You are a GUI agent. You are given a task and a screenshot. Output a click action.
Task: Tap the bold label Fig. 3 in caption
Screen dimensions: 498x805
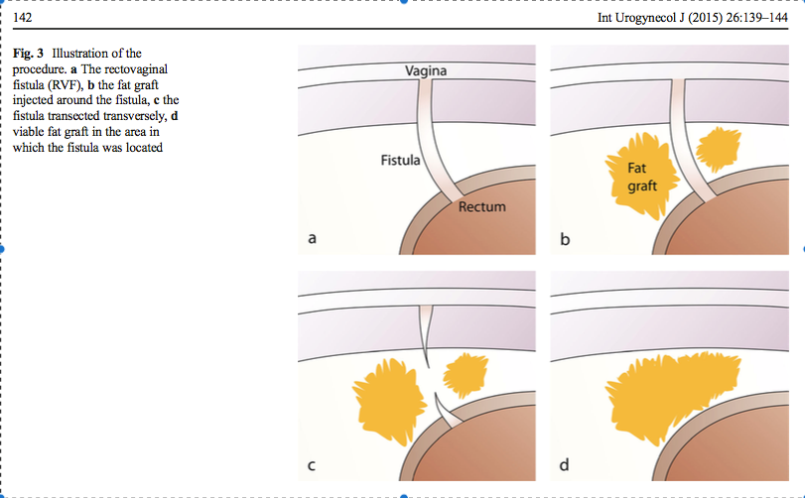30,52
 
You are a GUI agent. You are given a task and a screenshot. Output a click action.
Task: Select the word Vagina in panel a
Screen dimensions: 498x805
426,70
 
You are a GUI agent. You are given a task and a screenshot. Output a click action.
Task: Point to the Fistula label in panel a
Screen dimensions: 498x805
401,159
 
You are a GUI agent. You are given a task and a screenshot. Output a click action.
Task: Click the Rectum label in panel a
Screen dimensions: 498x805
482,207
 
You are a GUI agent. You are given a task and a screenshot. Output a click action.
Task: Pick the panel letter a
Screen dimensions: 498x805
312,238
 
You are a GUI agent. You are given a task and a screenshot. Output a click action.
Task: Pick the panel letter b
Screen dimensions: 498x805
565,238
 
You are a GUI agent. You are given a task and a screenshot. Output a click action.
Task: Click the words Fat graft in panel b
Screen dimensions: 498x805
636,177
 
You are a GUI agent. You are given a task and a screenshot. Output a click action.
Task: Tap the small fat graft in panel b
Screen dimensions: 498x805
717,149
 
